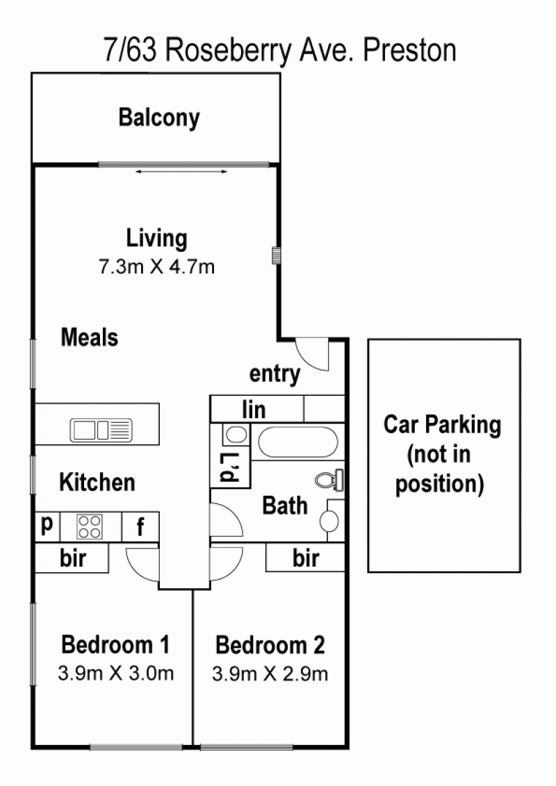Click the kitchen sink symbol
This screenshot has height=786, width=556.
[x=101, y=430]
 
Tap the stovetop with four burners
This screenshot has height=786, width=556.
[x=90, y=527]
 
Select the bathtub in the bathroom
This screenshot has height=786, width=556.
[x=298, y=442]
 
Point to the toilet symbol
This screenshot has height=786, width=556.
[x=329, y=480]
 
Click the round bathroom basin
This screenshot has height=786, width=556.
[x=329, y=521]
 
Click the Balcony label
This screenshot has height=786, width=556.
[x=159, y=118]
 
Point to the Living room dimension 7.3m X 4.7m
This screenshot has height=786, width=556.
[x=156, y=267]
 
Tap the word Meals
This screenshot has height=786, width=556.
[x=90, y=337]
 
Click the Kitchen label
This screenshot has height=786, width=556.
[x=97, y=483]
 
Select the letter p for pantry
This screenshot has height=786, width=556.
[x=47, y=525]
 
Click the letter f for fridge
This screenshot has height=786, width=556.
[x=140, y=527]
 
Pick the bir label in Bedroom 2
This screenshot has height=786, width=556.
[x=306, y=558]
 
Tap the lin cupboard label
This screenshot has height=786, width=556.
[x=254, y=410]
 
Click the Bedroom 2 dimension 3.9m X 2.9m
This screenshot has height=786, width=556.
[x=270, y=674]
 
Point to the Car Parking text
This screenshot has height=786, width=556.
[x=443, y=425]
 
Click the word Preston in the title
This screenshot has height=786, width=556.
[x=409, y=50]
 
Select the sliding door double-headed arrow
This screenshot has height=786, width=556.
[x=181, y=172]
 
